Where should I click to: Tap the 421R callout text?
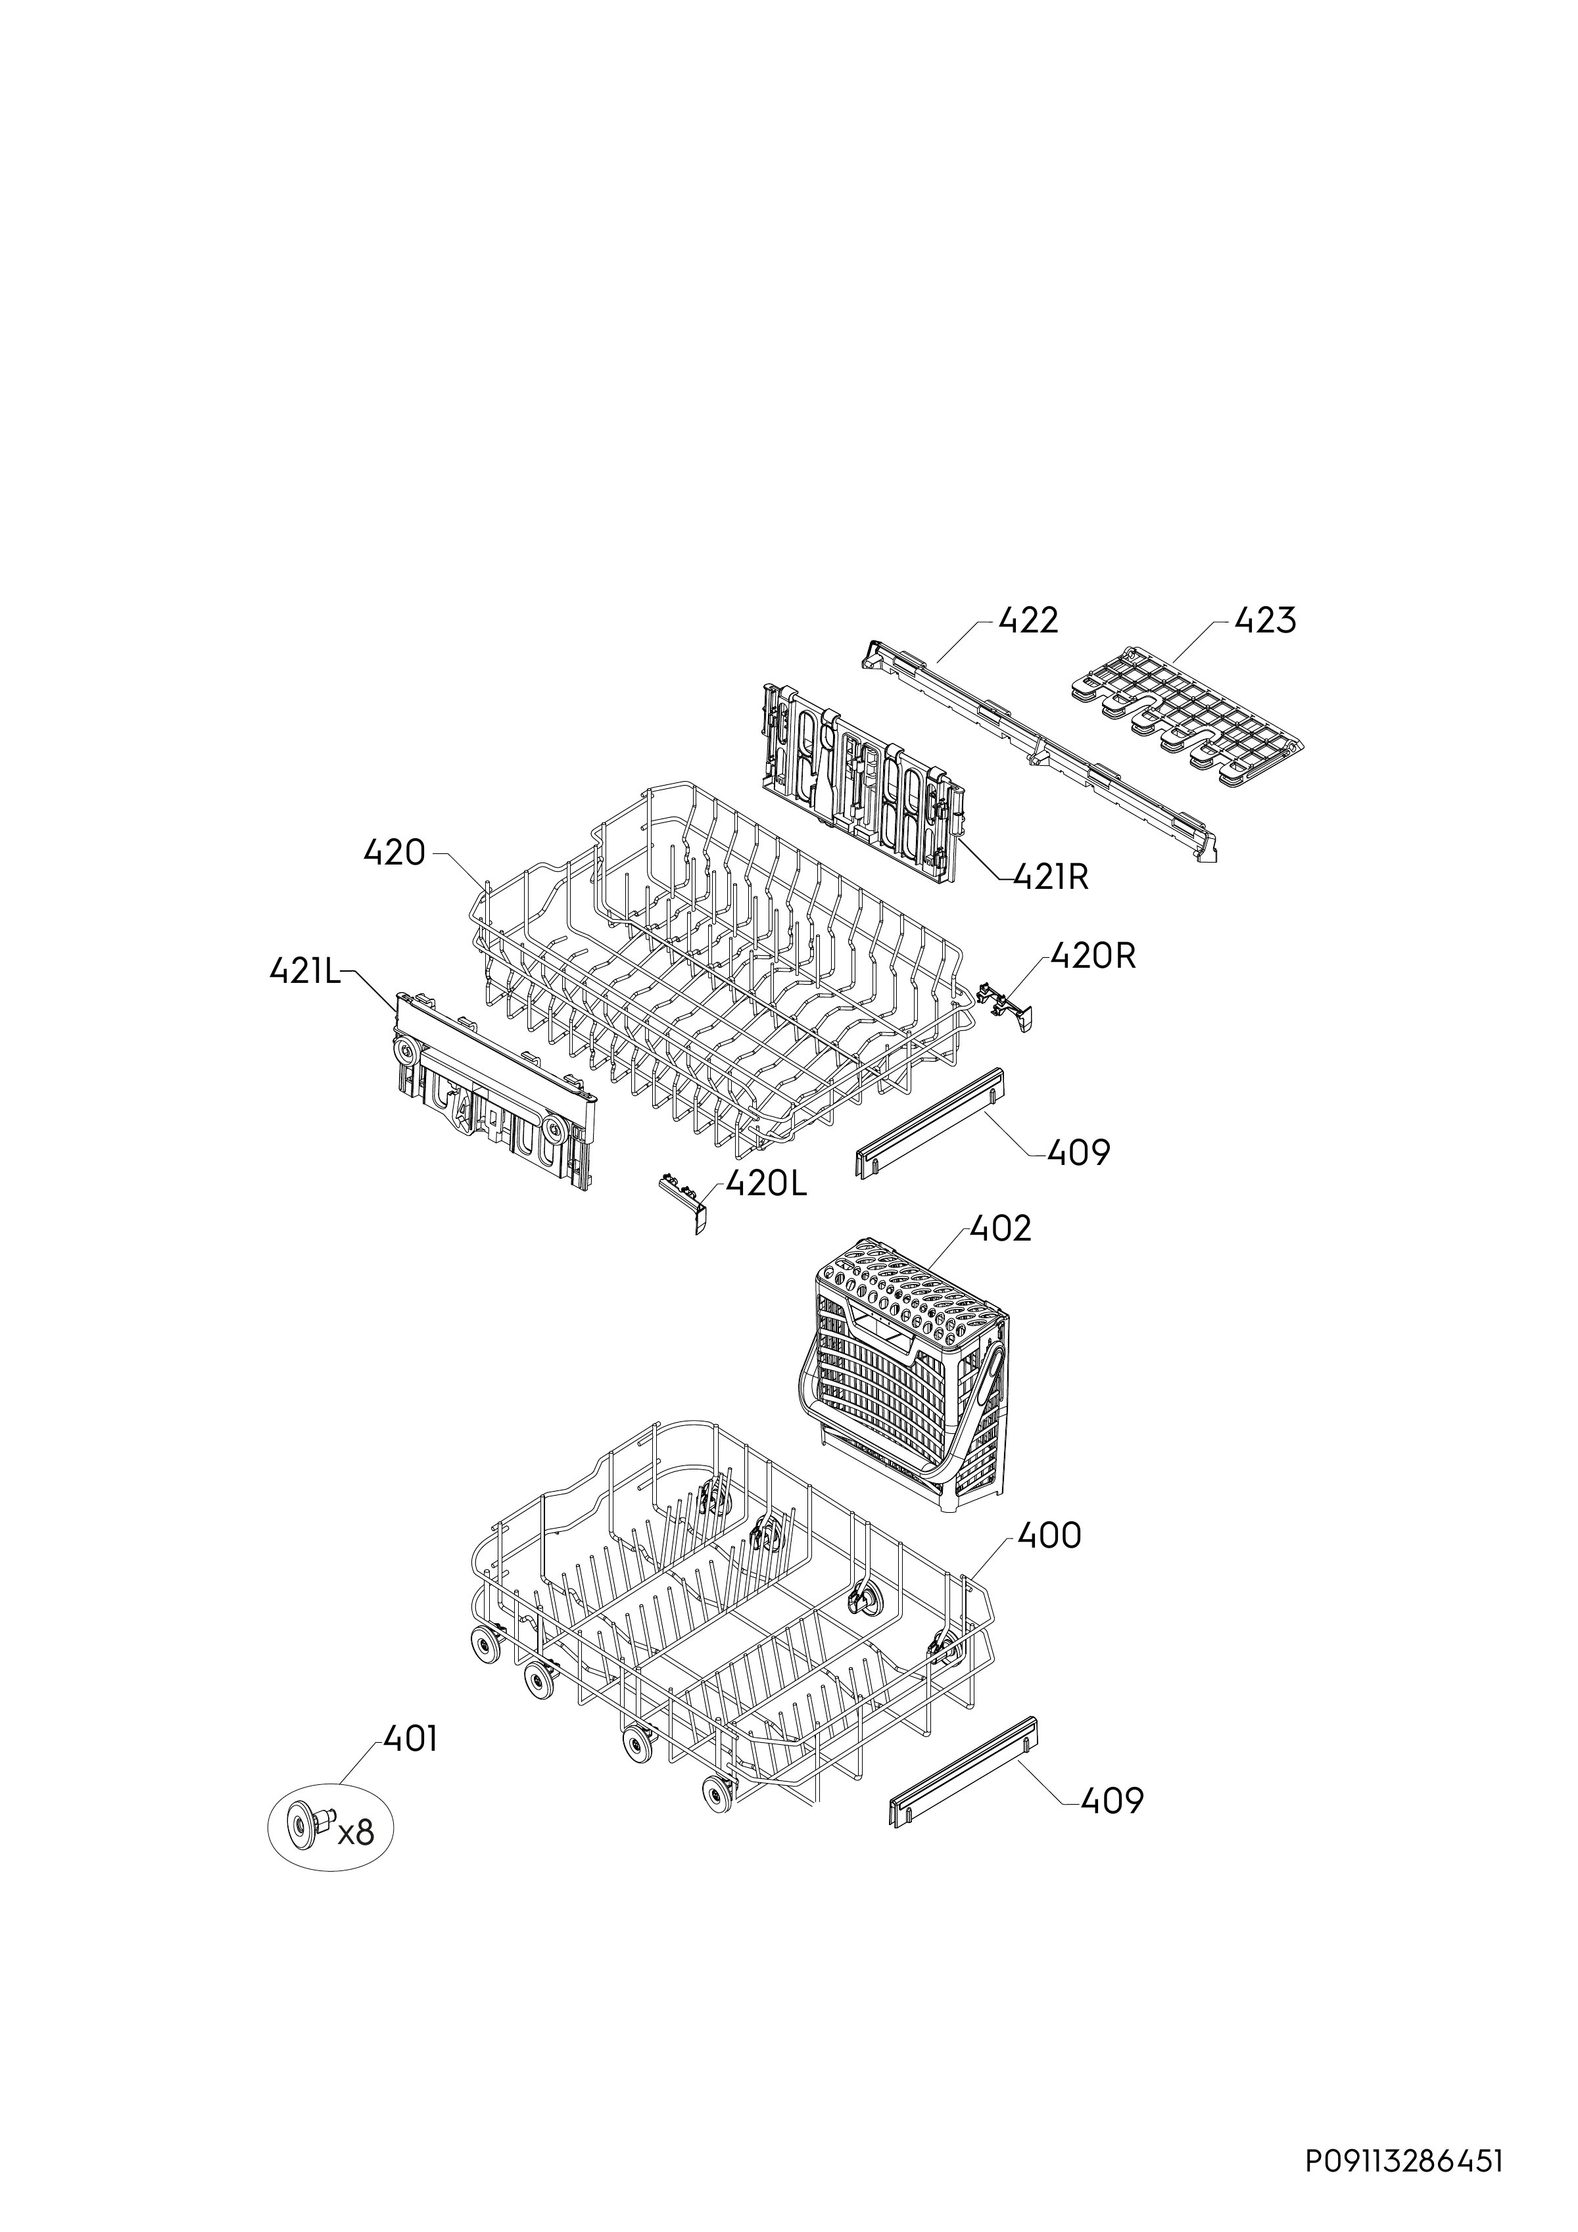1051,878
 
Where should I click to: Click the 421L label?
305,971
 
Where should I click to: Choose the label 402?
1001,1229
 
